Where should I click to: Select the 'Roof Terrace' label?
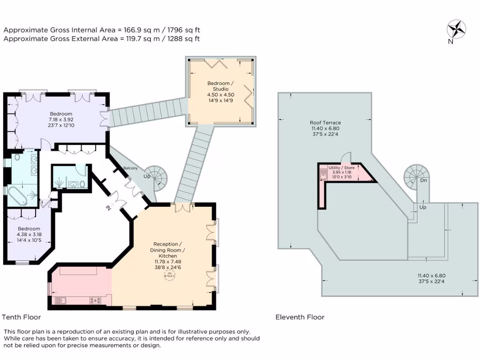[325, 123]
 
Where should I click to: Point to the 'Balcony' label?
[130, 167]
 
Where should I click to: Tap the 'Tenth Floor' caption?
[21, 317]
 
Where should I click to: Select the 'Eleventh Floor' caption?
[300, 317]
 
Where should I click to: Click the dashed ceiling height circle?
[168, 275]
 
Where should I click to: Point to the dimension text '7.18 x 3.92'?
[61, 120]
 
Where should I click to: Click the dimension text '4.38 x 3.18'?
[29, 234]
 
